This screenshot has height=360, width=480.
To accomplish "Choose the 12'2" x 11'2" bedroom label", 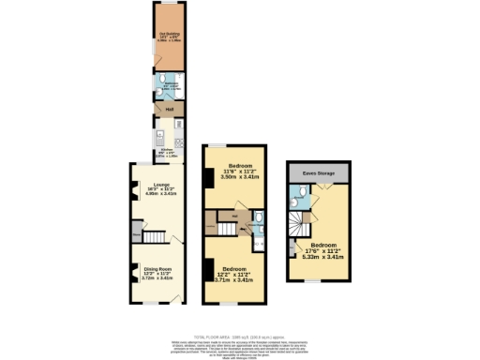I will (234, 275).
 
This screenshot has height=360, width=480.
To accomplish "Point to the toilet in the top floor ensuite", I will (297, 196).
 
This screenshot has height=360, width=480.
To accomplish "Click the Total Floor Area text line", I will (240, 335).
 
